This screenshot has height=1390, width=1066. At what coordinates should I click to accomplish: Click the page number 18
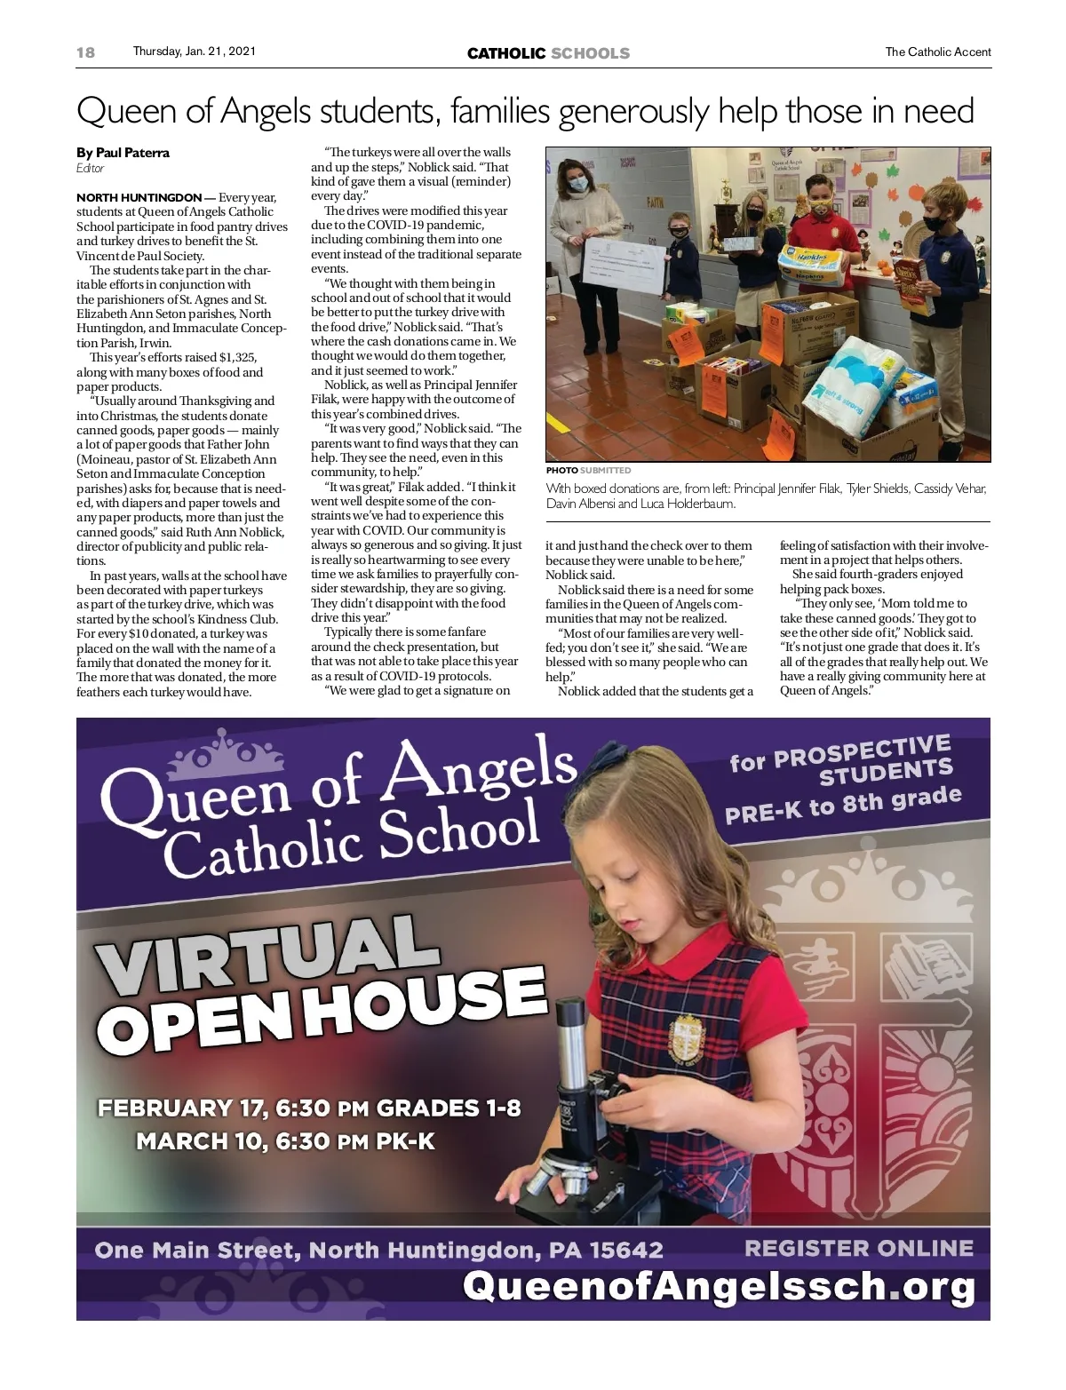[x=85, y=52]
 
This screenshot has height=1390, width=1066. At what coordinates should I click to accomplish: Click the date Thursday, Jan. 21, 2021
[x=194, y=52]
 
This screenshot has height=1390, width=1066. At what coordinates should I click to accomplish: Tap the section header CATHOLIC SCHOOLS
[x=548, y=53]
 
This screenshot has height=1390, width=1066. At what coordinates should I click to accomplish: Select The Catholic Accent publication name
[x=937, y=52]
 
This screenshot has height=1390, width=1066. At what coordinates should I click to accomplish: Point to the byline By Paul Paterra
[x=123, y=153]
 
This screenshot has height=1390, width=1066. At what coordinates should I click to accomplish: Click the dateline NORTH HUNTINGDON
[x=139, y=197]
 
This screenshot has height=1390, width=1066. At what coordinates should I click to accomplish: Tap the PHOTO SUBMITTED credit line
[x=588, y=470]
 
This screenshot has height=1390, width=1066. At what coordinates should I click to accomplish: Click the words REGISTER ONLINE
[x=858, y=1248]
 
